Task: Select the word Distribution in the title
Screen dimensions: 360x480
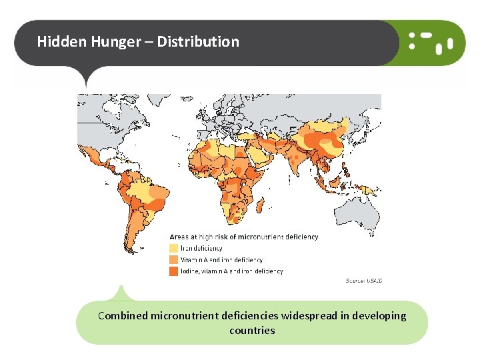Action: pyautogui.click(x=197, y=41)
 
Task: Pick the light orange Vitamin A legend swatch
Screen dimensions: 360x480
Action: pyautogui.click(x=174, y=260)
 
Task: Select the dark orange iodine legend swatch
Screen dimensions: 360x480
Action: pyautogui.click(x=174, y=271)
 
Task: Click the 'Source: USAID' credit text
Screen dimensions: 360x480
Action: pyautogui.click(x=363, y=281)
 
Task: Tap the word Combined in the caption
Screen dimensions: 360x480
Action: pyautogui.click(x=123, y=316)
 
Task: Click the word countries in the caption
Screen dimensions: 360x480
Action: pyautogui.click(x=251, y=331)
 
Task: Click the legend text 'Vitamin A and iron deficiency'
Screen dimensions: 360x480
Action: pyautogui.click(x=221, y=260)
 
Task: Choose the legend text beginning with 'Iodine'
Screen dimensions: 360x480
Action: pyautogui.click(x=231, y=271)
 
